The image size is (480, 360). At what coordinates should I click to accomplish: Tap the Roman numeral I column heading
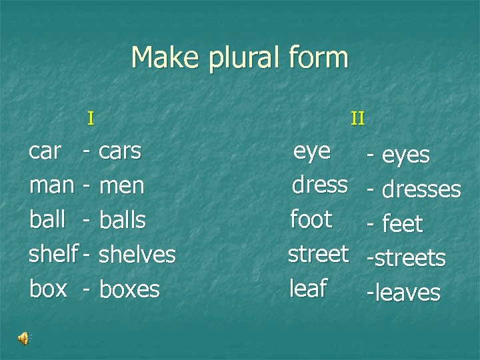tap(91, 119)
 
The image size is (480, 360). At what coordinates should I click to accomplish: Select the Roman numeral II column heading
tap(358, 119)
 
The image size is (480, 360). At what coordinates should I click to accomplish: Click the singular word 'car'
tap(45, 151)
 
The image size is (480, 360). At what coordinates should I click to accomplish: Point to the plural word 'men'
tap(121, 186)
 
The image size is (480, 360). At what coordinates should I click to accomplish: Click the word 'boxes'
tap(129, 289)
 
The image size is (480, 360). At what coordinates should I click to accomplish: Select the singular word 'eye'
tap(312, 151)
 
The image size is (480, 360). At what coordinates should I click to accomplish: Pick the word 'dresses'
tap(421, 189)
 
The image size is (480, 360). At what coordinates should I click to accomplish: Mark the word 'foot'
tap(311, 219)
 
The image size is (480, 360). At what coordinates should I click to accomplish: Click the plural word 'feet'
tap(403, 224)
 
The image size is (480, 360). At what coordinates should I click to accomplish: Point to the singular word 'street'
tap(318, 253)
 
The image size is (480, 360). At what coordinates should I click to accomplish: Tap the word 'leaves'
tap(407, 292)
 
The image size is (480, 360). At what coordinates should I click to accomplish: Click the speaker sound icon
tap(24, 339)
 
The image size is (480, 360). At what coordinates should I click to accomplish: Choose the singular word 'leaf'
tap(307, 288)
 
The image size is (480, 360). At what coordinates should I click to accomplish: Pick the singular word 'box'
tap(48, 289)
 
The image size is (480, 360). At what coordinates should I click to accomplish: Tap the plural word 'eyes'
tap(406, 155)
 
